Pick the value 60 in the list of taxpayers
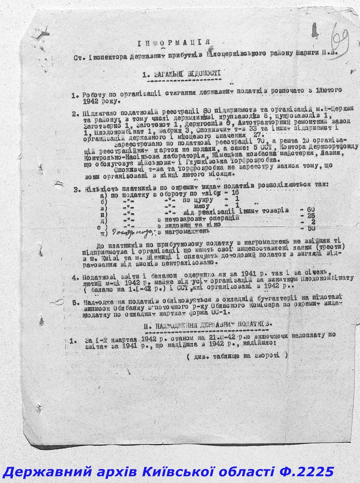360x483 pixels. click(310, 210)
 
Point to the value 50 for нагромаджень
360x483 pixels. click(310, 229)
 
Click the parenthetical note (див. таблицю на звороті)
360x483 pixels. click(237, 355)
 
